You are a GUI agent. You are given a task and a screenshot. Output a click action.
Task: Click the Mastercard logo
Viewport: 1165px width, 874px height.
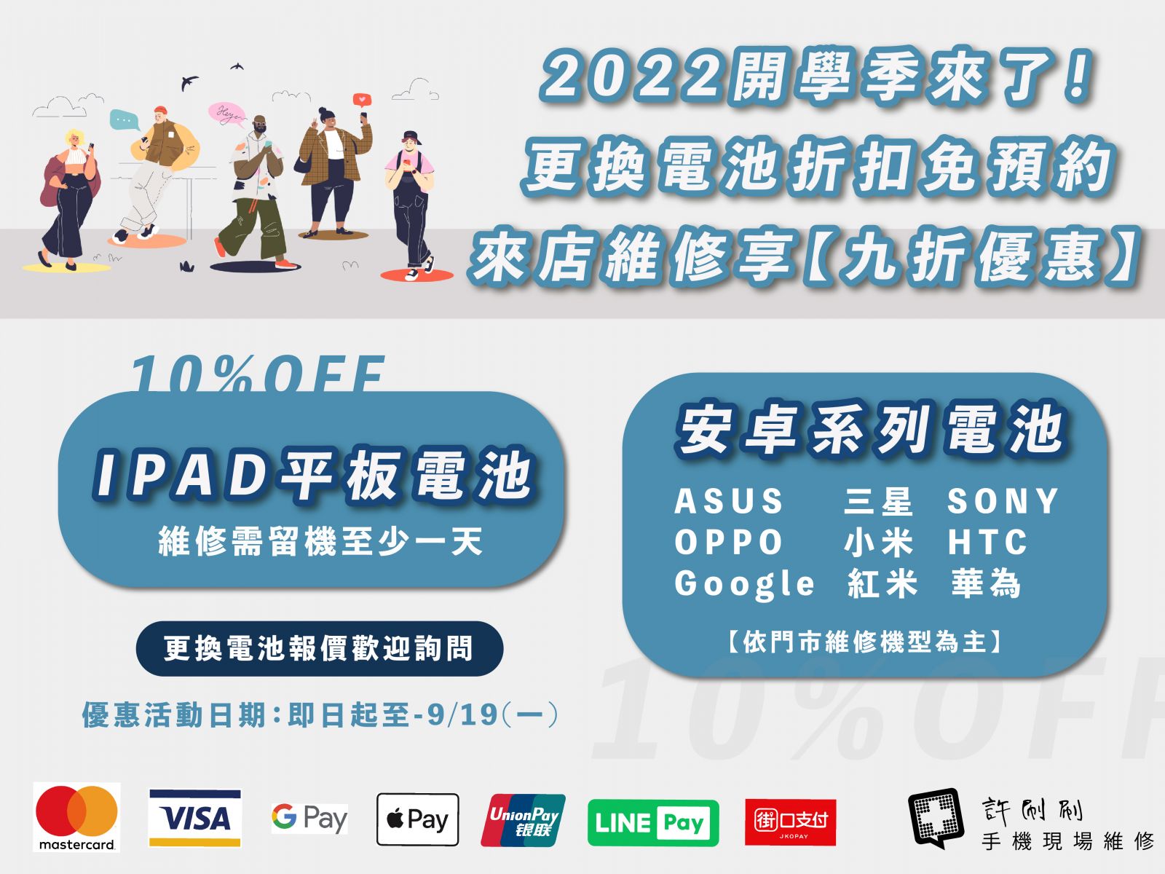tap(76, 816)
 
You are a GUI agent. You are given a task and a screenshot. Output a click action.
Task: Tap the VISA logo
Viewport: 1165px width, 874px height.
tap(195, 818)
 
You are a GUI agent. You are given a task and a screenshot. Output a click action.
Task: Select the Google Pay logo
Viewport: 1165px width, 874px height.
tap(309, 818)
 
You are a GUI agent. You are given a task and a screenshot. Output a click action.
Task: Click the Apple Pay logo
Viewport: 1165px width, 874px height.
tap(418, 819)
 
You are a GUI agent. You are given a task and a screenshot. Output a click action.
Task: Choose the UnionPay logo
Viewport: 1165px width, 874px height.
tap(524, 820)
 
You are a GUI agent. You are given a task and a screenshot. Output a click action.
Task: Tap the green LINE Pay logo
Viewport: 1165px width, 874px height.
tap(653, 822)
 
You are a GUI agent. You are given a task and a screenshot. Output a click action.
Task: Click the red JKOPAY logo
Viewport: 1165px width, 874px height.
tap(790, 822)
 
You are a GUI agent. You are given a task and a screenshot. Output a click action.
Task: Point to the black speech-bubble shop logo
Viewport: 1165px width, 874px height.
tap(936, 818)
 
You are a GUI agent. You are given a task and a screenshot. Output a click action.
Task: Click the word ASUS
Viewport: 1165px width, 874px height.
tap(728, 501)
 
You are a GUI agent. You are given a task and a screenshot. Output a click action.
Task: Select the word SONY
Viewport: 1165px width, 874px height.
tap(1003, 501)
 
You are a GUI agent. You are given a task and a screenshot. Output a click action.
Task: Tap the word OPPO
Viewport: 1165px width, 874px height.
tap(728, 542)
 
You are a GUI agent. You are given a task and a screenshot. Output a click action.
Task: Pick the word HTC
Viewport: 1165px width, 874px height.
tap(987, 542)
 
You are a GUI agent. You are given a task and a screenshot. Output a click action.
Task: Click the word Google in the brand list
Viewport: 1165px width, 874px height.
tap(744, 584)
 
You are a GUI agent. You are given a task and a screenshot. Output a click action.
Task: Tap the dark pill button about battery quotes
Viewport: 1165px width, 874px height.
tap(320, 648)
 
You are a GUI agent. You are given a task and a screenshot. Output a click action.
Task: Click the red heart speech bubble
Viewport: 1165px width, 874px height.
tap(362, 100)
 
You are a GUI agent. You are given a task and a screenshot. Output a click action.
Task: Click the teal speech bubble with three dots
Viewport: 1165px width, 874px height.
tap(125, 120)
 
